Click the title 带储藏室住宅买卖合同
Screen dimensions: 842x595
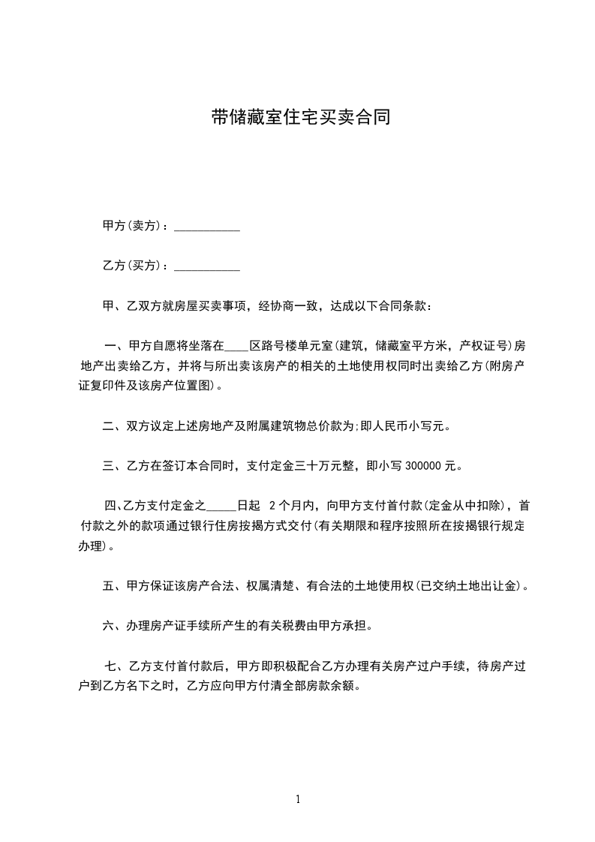[300, 118]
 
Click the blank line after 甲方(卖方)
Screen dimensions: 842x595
[207, 227]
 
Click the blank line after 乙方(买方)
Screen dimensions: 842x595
[207, 267]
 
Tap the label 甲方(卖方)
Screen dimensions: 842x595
[132, 226]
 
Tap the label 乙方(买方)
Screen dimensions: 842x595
[132, 266]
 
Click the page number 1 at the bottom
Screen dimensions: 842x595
[298, 799]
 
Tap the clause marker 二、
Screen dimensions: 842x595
[113, 426]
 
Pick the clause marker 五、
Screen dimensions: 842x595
[113, 586]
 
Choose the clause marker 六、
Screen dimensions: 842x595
[113, 625]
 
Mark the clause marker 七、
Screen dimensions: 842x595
[116, 666]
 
